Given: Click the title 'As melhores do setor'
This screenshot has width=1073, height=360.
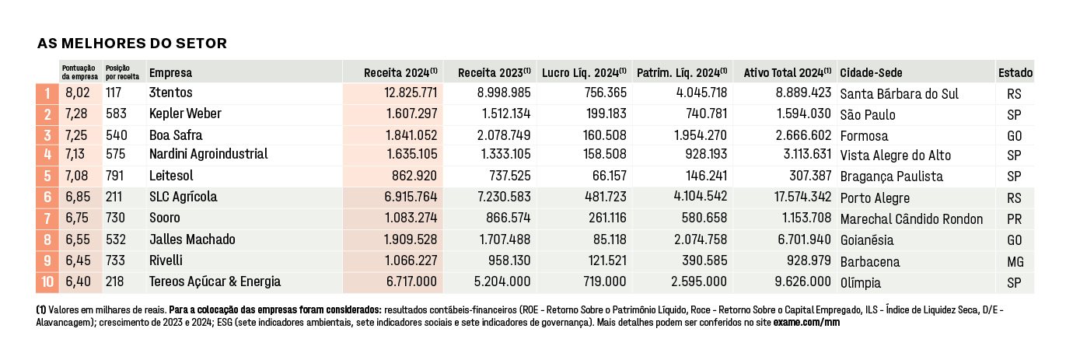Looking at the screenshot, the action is coord(132,44).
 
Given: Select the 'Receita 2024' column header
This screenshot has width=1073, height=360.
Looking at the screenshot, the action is coord(400,73).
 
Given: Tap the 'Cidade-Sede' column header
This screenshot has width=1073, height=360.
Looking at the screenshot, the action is coord(871,73).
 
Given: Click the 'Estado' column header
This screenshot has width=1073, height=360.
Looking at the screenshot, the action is coord(1015,73).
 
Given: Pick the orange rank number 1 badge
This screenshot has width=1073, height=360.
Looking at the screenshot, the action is coord(47,93).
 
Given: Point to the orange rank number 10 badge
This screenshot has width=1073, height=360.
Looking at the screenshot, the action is coord(47,282).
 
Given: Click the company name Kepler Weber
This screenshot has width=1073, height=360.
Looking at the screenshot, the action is coord(185,114).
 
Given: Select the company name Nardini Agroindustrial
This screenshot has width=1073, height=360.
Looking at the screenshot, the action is coord(208,154).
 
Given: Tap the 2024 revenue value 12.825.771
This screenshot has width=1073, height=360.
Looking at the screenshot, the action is coord(411,93).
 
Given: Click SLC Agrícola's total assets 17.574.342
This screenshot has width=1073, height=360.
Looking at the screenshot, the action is coord(802,196).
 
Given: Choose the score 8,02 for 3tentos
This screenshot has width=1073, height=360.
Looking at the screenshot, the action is coord(78,93).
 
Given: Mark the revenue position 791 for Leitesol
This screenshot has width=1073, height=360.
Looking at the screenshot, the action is coord(115,176).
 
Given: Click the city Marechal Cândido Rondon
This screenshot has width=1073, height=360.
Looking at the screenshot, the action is coord(911,219).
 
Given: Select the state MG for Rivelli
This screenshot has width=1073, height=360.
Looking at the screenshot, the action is coord(1015,262).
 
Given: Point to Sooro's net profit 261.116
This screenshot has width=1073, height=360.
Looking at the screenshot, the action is coord(607,218).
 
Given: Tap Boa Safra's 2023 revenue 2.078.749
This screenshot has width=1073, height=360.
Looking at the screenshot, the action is coord(503,135).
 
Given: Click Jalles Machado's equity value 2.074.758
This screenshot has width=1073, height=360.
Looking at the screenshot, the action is coord(701,239).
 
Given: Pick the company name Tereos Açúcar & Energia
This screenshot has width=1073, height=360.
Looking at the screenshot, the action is coord(215,281).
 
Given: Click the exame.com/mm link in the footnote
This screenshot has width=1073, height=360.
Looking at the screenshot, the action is coord(806,322).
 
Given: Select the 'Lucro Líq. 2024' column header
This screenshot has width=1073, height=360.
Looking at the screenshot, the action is coord(584,73).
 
